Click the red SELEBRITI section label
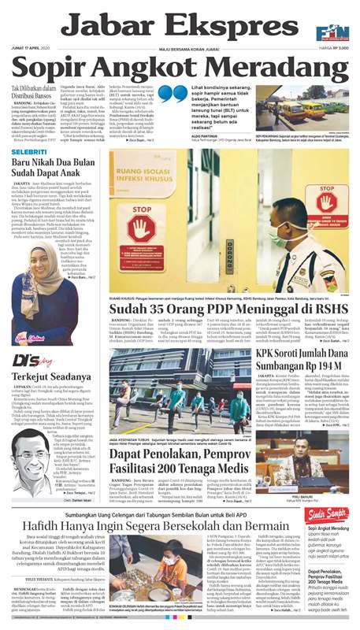point(28,150)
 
